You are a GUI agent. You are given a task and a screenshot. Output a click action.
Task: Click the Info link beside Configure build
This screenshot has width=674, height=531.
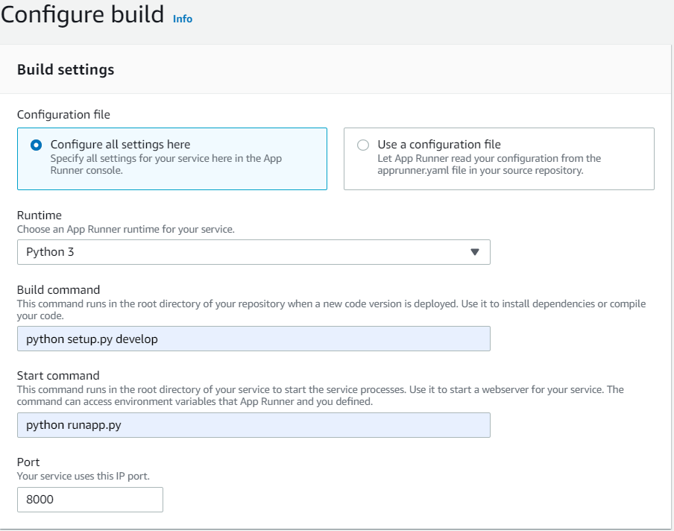(182, 19)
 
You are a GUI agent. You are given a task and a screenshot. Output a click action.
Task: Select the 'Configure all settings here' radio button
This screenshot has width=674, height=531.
(36, 145)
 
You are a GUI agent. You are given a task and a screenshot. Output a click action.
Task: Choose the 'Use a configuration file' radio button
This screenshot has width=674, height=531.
(363, 145)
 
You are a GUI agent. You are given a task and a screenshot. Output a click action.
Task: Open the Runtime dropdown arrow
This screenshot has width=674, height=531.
(474, 252)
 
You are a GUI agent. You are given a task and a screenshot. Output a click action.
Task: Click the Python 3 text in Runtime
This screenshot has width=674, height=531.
(50, 252)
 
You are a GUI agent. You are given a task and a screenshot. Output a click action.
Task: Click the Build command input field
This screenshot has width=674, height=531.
(253, 339)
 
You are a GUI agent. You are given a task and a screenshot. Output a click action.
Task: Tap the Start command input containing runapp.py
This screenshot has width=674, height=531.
(253, 425)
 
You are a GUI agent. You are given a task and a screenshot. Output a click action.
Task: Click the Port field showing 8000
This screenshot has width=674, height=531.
(89, 500)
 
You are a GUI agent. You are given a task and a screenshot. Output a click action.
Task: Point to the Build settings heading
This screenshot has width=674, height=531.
(66, 69)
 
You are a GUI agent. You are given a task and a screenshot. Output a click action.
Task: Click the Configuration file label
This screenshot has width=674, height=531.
(63, 114)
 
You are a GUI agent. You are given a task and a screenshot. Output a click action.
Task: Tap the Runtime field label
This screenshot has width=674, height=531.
(39, 215)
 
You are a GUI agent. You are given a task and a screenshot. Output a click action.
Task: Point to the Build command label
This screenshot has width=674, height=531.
(58, 290)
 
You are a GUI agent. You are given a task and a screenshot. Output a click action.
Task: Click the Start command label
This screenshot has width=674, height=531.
(58, 376)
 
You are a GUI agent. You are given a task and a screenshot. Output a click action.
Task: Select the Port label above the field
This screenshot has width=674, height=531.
(28, 462)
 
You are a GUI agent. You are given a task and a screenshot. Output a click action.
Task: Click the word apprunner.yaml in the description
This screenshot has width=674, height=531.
(413, 170)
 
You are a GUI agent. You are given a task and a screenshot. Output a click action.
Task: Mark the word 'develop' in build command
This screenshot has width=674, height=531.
(136, 339)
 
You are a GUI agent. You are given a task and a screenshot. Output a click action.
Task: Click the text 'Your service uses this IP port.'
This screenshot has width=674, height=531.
(84, 477)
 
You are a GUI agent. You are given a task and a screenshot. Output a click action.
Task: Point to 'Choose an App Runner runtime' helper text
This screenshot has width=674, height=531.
(125, 229)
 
